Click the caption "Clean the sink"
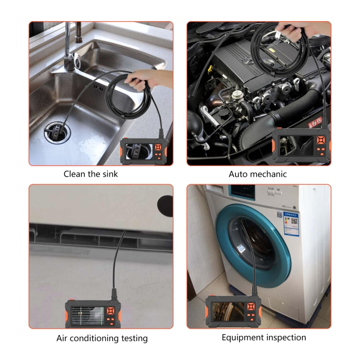point(91,174)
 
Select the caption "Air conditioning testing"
point(102,338)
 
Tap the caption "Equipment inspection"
point(264,337)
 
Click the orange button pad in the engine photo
point(320,141)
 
